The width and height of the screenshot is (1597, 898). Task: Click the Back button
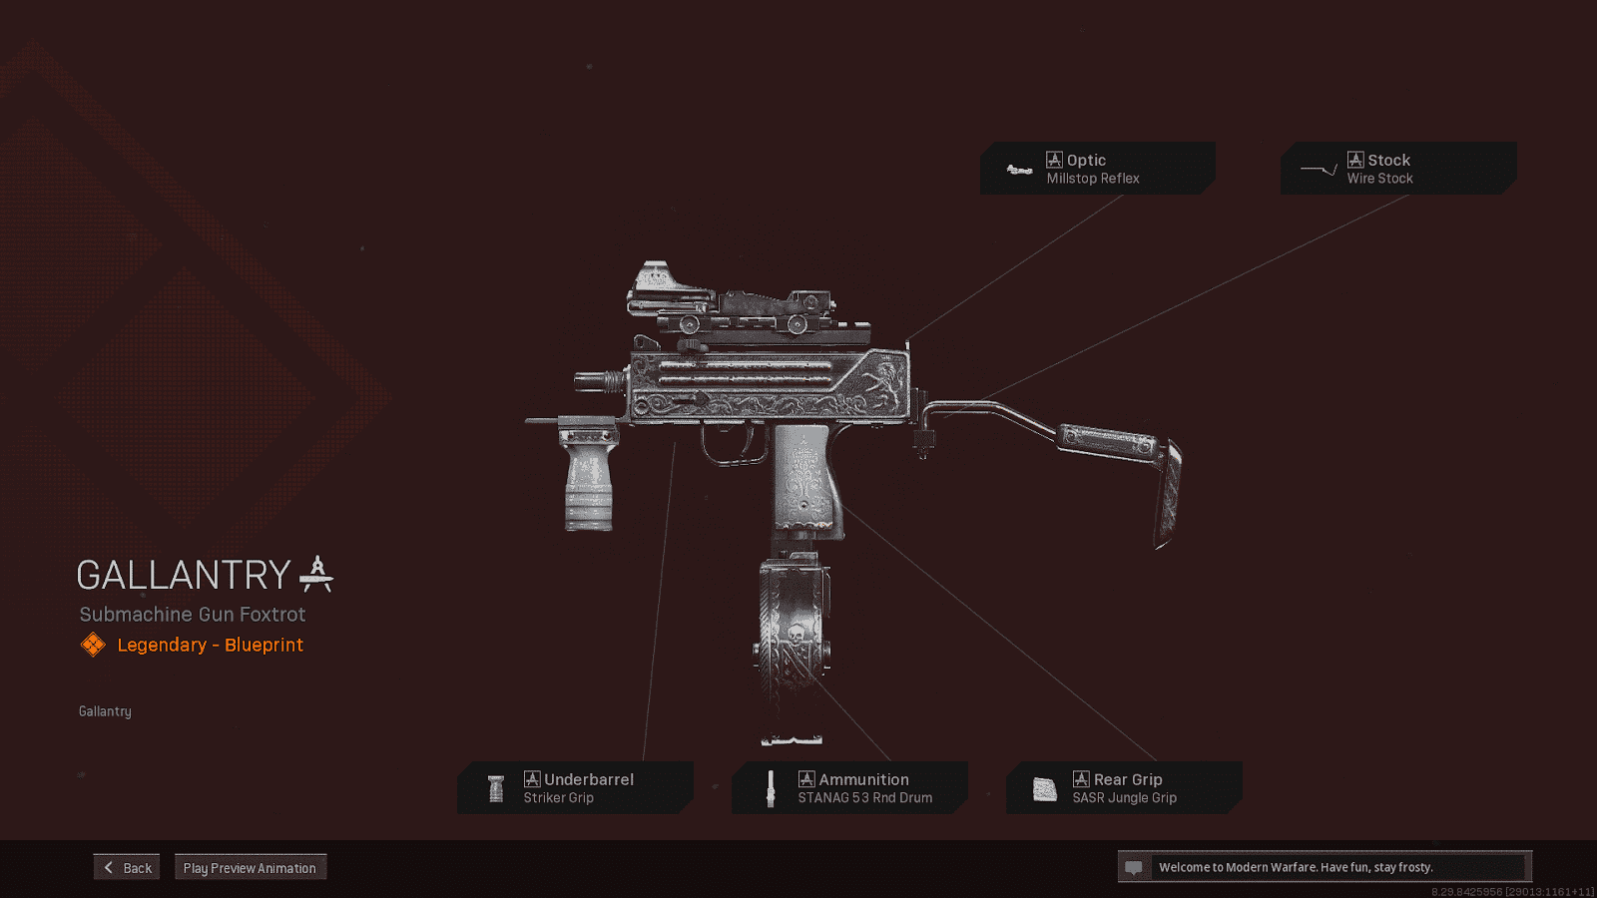click(127, 867)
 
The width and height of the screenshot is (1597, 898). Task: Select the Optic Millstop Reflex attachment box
click(1097, 169)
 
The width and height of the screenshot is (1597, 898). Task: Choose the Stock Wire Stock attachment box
click(1398, 169)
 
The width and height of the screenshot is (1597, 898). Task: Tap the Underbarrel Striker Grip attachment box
click(575, 788)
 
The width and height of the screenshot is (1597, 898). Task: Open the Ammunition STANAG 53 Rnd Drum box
click(849, 788)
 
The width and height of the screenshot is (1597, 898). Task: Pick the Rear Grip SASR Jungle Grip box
click(1124, 788)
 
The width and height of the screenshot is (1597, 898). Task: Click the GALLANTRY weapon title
click(184, 576)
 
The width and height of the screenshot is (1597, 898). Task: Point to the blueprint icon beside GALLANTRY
click(316, 574)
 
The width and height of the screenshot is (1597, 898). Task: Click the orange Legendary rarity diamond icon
click(93, 645)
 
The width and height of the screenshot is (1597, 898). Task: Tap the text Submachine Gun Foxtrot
click(193, 615)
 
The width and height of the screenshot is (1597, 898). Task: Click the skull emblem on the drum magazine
click(796, 635)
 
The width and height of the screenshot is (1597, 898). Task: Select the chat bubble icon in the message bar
click(1133, 867)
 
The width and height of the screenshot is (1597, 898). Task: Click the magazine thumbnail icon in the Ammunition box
click(770, 788)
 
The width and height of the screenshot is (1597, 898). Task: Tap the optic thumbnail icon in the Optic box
click(1019, 170)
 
